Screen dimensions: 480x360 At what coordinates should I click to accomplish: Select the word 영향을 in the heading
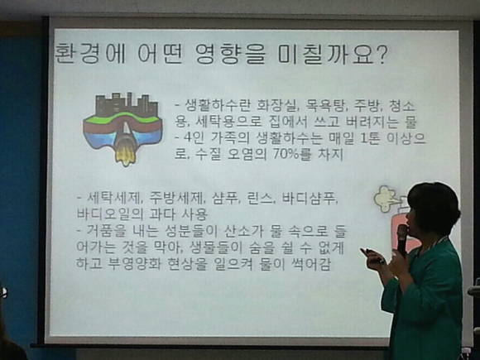(x=229, y=54)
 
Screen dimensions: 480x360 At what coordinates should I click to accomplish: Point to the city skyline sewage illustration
(x=122, y=129)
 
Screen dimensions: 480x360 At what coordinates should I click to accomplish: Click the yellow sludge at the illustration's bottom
(x=125, y=155)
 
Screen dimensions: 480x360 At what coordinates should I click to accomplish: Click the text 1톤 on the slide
(x=370, y=138)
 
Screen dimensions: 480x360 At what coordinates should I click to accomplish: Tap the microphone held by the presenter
(x=401, y=241)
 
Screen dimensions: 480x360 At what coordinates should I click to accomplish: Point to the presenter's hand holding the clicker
(x=374, y=260)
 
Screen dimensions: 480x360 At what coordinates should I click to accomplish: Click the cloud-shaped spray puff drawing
(x=385, y=199)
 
